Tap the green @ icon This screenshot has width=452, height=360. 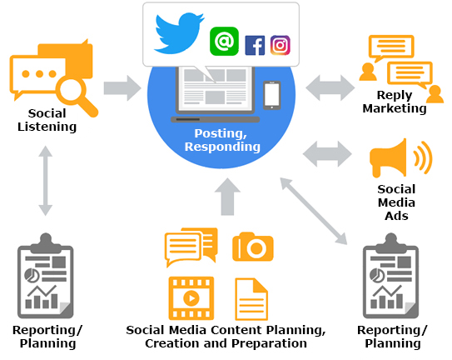[224, 42]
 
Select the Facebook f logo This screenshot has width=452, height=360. [255, 45]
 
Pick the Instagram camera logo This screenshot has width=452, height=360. [281, 45]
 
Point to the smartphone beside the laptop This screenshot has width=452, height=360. [271, 95]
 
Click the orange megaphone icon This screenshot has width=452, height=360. [401, 157]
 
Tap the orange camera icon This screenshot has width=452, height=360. [253, 247]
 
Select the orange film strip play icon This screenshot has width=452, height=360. [191, 298]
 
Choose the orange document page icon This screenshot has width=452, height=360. [251, 299]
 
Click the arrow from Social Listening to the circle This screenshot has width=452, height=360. [122, 88]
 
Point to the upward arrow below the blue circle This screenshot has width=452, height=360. [227, 197]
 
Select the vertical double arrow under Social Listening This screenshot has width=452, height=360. [45, 181]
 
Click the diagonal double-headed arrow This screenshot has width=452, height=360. [314, 211]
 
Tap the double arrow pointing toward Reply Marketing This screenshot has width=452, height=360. [330, 87]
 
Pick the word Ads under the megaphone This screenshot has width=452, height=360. [396, 216]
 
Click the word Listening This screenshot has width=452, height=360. [47, 127]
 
